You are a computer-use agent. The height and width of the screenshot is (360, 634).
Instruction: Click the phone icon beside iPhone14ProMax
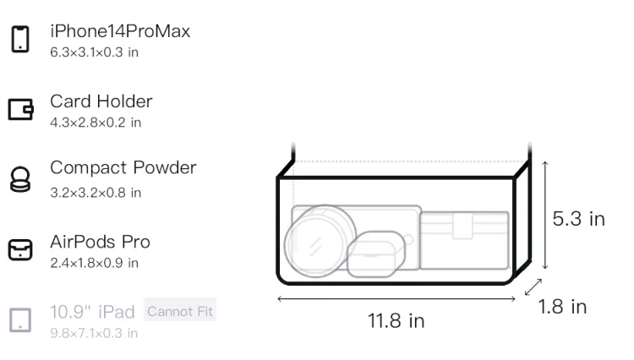(x=20, y=39)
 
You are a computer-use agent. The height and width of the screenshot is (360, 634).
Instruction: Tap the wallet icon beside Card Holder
(x=20, y=109)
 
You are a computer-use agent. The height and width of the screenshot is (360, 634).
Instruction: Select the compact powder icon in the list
(x=20, y=179)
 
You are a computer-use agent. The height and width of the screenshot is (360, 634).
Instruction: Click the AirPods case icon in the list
(x=20, y=249)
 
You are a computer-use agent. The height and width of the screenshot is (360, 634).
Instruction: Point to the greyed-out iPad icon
(x=20, y=320)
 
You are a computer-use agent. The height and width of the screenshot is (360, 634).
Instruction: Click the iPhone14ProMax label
(x=120, y=31)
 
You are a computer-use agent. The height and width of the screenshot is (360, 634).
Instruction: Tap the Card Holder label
(x=101, y=101)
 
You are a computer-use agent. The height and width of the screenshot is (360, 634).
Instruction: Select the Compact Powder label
(x=123, y=168)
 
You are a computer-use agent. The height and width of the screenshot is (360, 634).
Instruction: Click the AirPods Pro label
(x=100, y=242)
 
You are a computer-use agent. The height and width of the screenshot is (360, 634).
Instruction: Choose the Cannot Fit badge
(x=180, y=311)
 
